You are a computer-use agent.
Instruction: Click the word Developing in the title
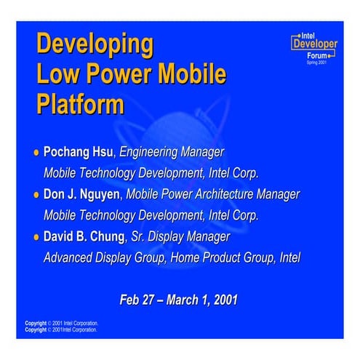(95, 45)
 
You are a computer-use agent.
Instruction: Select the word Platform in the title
(80, 103)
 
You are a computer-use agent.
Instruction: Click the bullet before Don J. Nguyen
(36, 195)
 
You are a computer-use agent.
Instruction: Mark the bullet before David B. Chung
(36, 237)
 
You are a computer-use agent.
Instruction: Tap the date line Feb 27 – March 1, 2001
(179, 299)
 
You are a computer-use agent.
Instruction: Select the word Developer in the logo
(314, 44)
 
